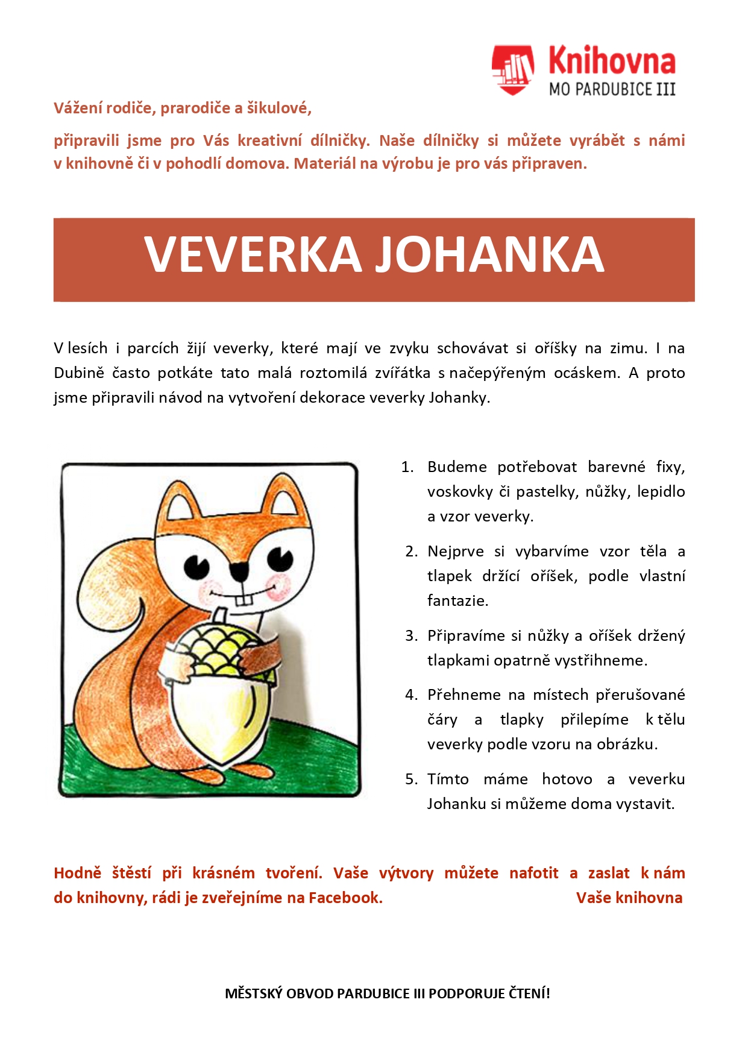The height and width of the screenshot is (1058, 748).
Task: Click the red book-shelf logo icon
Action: [512, 70]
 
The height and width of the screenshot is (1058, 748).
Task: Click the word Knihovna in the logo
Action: [612, 61]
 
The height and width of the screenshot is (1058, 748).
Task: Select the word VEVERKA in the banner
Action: [253, 255]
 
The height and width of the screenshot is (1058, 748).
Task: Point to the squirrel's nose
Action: [239, 568]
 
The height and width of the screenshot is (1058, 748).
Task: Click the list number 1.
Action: [407, 467]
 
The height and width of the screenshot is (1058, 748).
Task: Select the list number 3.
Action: [411, 636]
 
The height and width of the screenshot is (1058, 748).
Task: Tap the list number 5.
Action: [411, 779]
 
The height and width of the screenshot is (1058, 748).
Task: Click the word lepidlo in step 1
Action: [661, 492]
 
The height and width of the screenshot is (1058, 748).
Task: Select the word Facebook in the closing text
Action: [345, 898]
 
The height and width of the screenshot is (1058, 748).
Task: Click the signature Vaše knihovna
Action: [629, 898]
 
